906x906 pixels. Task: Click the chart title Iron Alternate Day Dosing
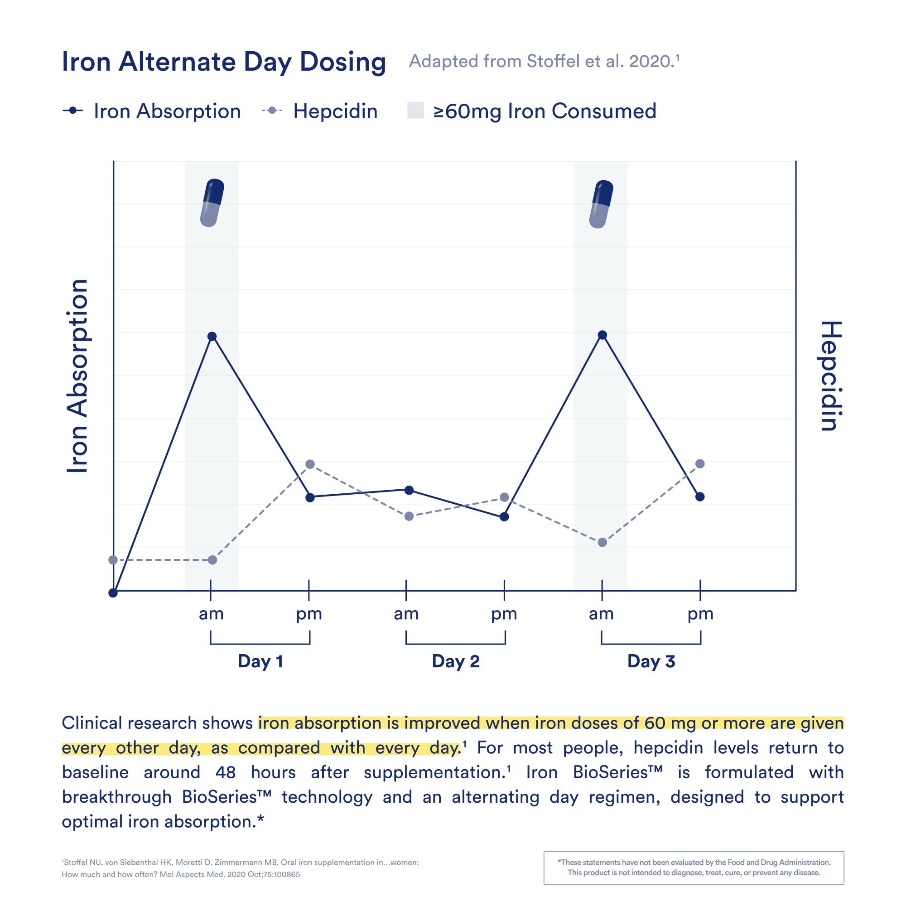coord(224,62)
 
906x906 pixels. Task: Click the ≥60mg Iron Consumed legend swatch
coord(415,111)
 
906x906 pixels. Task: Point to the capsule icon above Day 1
coord(212,202)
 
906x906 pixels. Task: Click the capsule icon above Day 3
coord(601,204)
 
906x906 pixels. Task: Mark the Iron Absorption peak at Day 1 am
coord(212,336)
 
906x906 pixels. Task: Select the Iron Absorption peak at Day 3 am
coord(602,335)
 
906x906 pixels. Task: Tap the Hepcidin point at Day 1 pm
coord(310,464)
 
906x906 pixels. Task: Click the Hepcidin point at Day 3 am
coord(602,543)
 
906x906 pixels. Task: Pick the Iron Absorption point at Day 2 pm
coord(504,517)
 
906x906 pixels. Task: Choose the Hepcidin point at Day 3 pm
coord(700,464)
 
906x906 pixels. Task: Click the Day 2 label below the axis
coord(456,661)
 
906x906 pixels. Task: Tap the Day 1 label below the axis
coord(260,661)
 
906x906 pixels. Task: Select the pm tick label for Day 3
coord(700,614)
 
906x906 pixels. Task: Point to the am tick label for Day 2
coord(406,614)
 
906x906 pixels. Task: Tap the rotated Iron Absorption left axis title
coord(77,376)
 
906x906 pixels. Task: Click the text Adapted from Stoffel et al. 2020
coord(544,62)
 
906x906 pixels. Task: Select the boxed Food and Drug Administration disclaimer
coord(694,867)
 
